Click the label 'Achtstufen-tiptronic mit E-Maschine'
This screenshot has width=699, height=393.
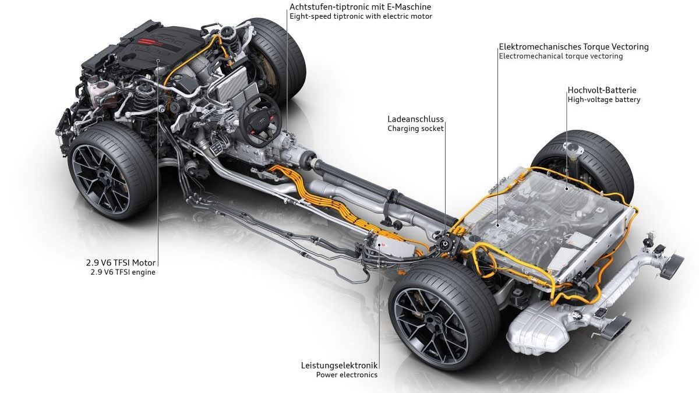coord(361,6)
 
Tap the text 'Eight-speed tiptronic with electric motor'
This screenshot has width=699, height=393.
coord(361,16)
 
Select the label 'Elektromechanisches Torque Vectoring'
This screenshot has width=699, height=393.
coord(573,47)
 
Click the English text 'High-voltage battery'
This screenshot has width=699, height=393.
coord(603,100)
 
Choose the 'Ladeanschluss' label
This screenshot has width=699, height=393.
coord(415,119)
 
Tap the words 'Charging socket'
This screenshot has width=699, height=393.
coord(415,128)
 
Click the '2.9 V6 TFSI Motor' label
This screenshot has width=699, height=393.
coord(121,263)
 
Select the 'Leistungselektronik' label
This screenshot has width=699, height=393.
coord(339,365)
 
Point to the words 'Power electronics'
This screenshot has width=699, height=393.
coord(347,374)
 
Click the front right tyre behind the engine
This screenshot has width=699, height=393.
coord(280,49)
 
